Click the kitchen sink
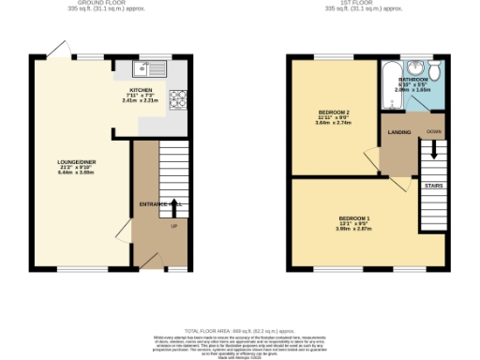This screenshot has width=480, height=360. [x=152, y=67]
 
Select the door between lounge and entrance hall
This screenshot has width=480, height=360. [x=123, y=234]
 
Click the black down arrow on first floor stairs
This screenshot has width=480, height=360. [x=433, y=149]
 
